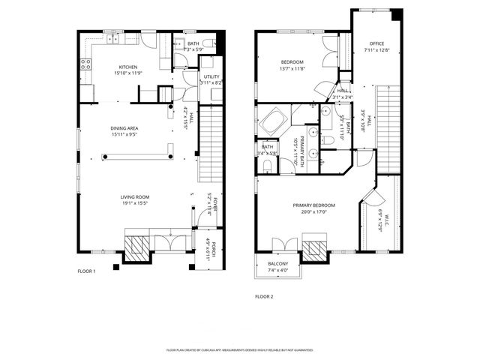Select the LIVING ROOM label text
click(136, 197)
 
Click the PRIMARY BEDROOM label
click(313, 205)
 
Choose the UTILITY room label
click(210, 76)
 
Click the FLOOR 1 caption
click(86, 271)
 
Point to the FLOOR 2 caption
click(264, 296)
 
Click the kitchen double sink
click(114, 38)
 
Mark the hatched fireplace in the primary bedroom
click(315, 250)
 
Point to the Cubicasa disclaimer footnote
click(239, 349)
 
